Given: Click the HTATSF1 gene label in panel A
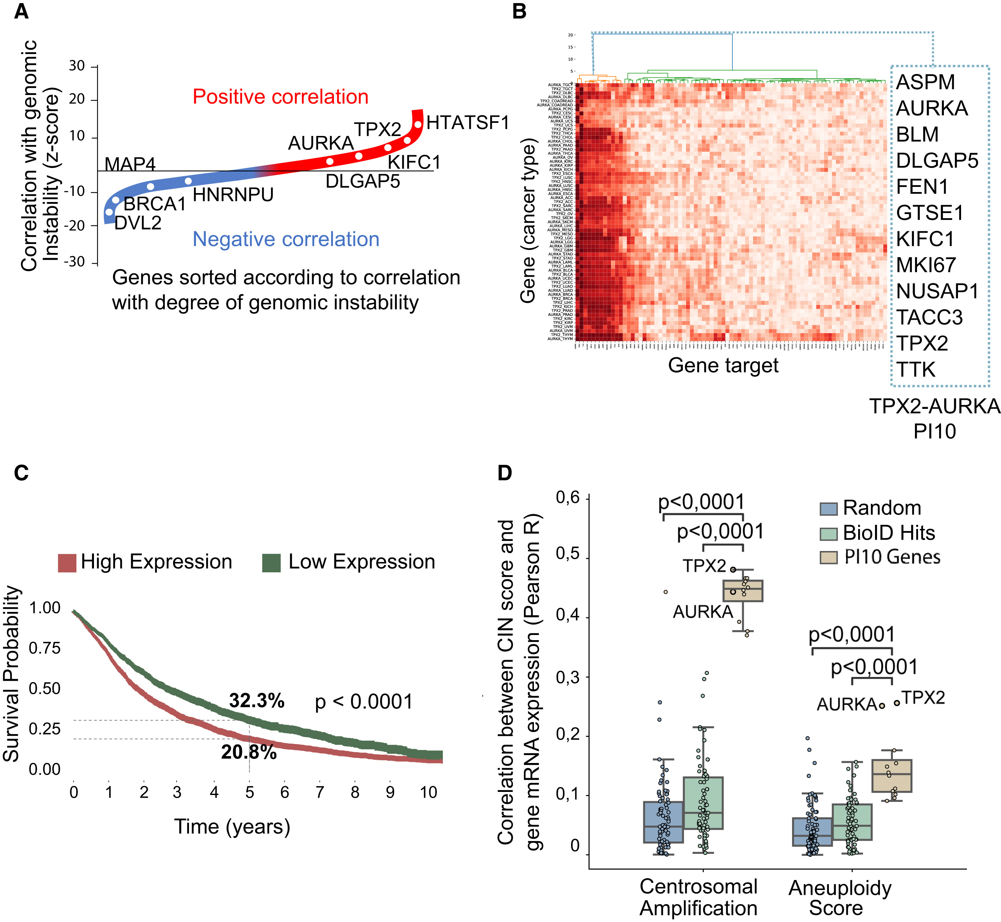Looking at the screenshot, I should [x=467, y=122].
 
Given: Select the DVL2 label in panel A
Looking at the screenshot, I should [x=138, y=223].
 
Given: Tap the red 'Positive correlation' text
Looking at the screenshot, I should [x=281, y=97].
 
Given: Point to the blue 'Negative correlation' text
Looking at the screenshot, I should [x=286, y=240].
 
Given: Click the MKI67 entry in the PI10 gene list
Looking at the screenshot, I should [x=926, y=265].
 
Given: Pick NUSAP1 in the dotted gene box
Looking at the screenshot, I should [x=937, y=292].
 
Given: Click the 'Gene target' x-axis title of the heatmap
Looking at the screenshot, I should [x=723, y=365].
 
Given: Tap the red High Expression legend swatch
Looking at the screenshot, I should [x=67, y=562].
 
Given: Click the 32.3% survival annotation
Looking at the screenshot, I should [x=256, y=701].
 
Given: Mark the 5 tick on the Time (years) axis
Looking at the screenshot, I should [x=250, y=792].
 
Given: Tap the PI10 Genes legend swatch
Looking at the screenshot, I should [x=828, y=557].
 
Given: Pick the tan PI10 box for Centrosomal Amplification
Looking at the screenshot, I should [x=743, y=591].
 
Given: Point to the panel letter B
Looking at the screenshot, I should [x=519, y=11].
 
